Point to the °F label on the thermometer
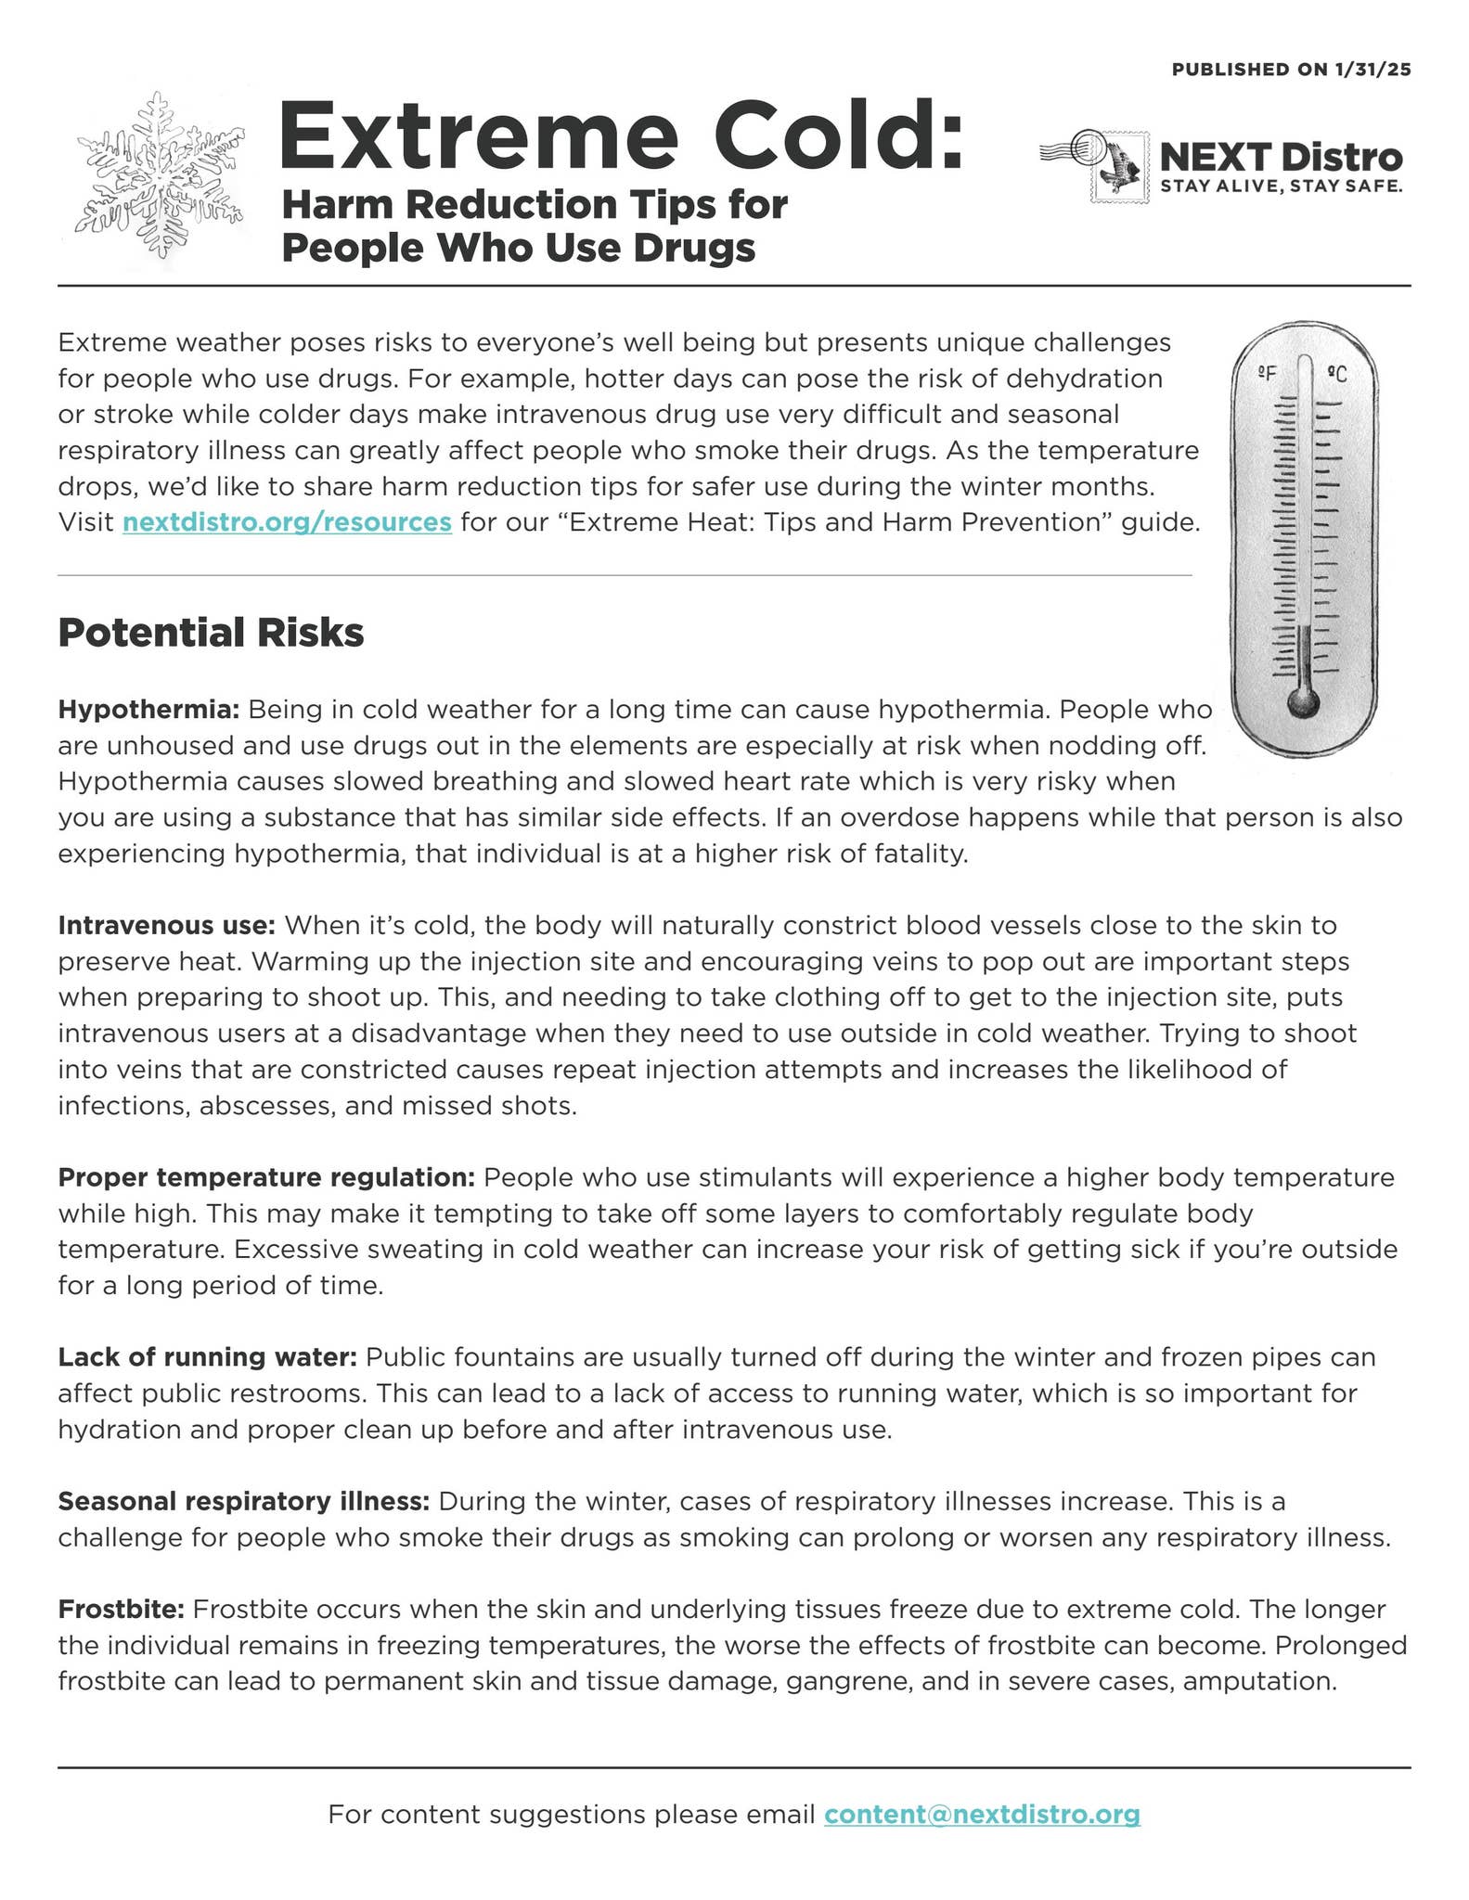[x=1268, y=373]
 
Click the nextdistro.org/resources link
[x=287, y=522]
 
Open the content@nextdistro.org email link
[x=982, y=1814]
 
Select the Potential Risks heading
[x=211, y=633]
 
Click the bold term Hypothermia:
[x=148, y=710]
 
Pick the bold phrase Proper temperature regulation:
[x=266, y=1177]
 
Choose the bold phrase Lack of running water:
[x=207, y=1357]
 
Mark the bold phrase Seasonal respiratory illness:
[x=243, y=1501]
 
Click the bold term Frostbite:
[x=122, y=1609]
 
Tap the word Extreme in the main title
[x=475, y=137]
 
